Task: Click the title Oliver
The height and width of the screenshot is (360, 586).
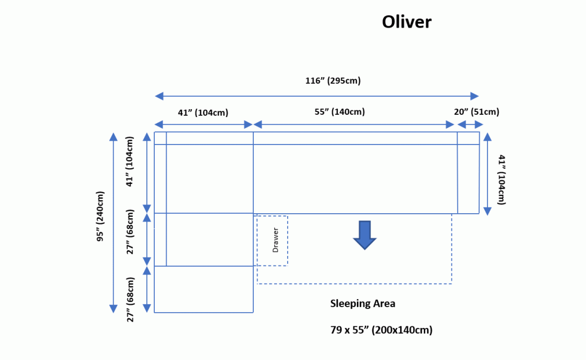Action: click(x=406, y=22)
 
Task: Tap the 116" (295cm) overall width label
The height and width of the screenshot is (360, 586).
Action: click(x=333, y=81)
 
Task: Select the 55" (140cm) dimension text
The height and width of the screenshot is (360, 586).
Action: click(x=339, y=111)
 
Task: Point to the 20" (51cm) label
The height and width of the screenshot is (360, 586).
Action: click(x=476, y=111)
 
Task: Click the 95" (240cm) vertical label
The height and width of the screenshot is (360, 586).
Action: click(x=101, y=217)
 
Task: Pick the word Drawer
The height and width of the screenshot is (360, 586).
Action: click(x=275, y=240)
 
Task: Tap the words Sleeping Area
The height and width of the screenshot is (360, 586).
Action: click(x=363, y=304)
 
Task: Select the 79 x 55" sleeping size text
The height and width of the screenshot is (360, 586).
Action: click(x=381, y=330)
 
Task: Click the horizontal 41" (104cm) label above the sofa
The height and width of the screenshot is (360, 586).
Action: click(x=203, y=112)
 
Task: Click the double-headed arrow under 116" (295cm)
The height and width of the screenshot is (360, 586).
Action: click(x=317, y=96)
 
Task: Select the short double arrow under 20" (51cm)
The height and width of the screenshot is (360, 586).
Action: click(x=468, y=125)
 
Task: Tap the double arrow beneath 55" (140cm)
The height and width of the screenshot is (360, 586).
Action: click(x=355, y=124)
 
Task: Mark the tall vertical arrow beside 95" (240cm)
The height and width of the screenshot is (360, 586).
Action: click(x=113, y=223)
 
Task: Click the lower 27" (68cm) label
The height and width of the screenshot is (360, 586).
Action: click(x=131, y=299)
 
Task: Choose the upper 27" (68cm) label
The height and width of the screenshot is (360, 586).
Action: click(x=131, y=232)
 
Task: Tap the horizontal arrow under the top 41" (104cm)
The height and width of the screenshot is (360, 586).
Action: click(x=203, y=124)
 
